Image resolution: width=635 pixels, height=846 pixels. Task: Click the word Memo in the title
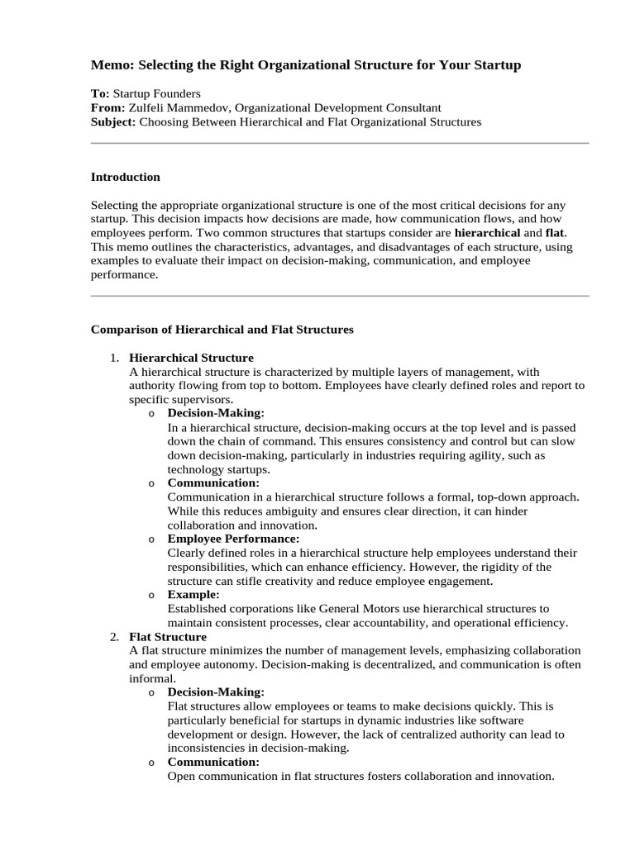click(x=110, y=64)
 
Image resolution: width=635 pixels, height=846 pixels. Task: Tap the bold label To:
click(x=99, y=93)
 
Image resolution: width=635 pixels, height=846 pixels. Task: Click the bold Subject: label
click(x=113, y=121)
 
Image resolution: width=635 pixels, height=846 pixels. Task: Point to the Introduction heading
click(x=125, y=177)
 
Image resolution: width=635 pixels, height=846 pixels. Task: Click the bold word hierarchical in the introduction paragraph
click(x=487, y=233)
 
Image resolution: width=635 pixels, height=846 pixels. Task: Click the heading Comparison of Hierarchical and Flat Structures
click(x=222, y=329)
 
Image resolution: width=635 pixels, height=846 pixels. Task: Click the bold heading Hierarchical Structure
click(x=191, y=358)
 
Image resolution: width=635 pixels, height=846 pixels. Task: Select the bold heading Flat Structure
click(x=168, y=637)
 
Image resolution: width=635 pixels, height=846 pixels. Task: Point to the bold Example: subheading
click(x=193, y=594)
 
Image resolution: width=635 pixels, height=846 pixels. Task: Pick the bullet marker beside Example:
click(x=151, y=595)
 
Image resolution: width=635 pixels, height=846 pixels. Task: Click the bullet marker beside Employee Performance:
click(x=151, y=539)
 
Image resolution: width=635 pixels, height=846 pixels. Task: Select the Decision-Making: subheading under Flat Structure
click(x=216, y=692)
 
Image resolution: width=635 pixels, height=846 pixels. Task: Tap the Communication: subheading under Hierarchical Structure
click(x=213, y=482)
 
